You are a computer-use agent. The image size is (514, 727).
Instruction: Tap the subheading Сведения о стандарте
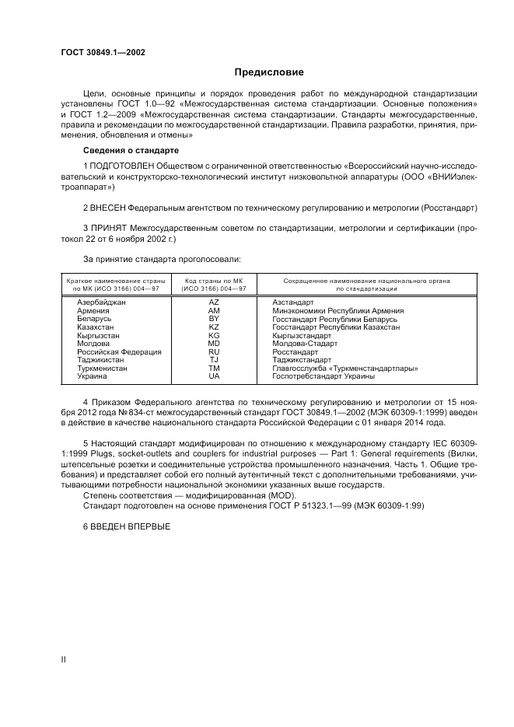131,149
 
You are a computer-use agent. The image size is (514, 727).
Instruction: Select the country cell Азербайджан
101,302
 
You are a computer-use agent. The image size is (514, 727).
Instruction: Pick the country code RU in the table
214,351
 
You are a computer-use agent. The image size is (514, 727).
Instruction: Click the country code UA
214,376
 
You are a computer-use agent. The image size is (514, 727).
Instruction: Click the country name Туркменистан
102,369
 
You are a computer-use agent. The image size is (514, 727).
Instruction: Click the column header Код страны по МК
214,280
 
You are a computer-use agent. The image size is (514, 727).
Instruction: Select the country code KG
214,335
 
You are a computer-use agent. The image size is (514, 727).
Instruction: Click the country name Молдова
95,343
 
